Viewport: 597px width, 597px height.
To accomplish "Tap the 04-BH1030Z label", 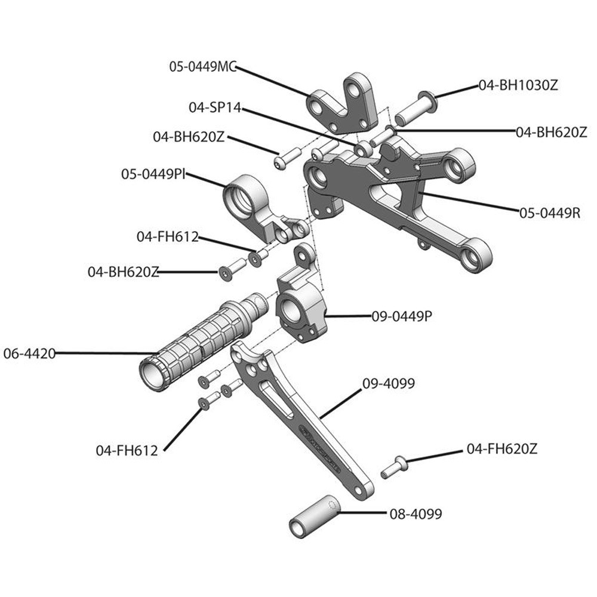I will [518, 85].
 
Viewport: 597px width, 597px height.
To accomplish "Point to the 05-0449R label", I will [549, 212].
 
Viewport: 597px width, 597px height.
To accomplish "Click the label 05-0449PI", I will [153, 174].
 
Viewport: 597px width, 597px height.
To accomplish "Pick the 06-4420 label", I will [29, 353].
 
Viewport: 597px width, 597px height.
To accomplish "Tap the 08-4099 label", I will [416, 514].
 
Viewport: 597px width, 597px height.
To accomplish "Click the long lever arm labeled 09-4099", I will [298, 418].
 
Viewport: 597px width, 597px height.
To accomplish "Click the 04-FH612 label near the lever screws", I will [127, 451].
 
